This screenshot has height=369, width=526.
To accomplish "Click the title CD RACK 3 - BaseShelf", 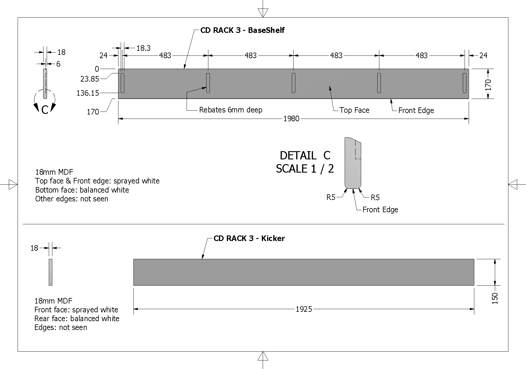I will click(x=242, y=30).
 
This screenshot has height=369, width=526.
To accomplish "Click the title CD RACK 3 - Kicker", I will click(x=249, y=238).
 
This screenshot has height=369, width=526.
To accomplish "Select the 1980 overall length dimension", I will click(x=291, y=119).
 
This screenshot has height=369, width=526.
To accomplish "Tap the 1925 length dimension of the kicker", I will click(x=304, y=309).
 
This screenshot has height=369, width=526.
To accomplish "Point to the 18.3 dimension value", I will click(x=143, y=48).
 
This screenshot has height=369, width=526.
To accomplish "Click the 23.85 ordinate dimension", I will click(x=90, y=79).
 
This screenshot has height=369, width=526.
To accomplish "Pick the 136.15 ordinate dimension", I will click(x=88, y=93).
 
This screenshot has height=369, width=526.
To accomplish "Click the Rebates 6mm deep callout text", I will click(x=231, y=110).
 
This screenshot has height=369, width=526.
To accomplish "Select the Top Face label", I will click(x=354, y=110).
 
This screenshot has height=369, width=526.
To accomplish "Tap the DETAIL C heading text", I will click(x=305, y=155).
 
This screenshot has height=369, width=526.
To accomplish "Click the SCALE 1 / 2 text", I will click(x=305, y=169).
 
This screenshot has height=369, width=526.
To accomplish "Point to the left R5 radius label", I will click(x=331, y=197).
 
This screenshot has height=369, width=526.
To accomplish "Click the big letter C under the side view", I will click(x=45, y=110).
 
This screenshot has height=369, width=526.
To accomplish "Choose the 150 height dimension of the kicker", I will click(x=495, y=298).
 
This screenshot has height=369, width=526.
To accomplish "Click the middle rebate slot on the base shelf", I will click(x=293, y=83).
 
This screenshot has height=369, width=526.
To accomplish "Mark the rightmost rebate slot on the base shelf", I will click(x=465, y=83).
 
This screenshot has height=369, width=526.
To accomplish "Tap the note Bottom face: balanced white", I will click(x=82, y=190).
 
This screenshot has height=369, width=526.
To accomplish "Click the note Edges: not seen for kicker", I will click(x=61, y=327).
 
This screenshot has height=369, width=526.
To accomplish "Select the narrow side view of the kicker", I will click(x=51, y=272).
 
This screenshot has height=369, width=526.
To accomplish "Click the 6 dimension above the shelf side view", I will click(x=58, y=64).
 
